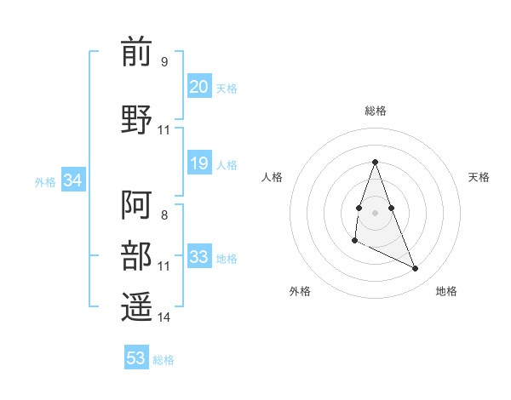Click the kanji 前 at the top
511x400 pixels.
pos(136,54)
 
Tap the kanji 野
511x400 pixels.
pos(136,118)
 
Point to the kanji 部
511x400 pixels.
pos(136,254)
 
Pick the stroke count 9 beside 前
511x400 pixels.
pos(164,62)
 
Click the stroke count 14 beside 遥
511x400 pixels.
pos(164,317)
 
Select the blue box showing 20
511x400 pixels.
pos(199,86)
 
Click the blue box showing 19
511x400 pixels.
pos(199,163)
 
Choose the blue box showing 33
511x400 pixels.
pos(199,257)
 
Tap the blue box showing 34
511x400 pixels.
pos(73,180)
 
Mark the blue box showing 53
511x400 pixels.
pos(136,358)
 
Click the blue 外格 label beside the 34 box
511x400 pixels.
pos(45,181)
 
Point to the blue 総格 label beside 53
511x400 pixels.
pos(164,360)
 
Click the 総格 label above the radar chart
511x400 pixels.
pos(375,111)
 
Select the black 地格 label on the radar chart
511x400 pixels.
pos(446,291)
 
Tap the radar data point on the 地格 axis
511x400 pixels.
pos(416,269)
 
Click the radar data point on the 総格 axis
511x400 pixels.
pos(375,162)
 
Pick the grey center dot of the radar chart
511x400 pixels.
pos(375,211)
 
